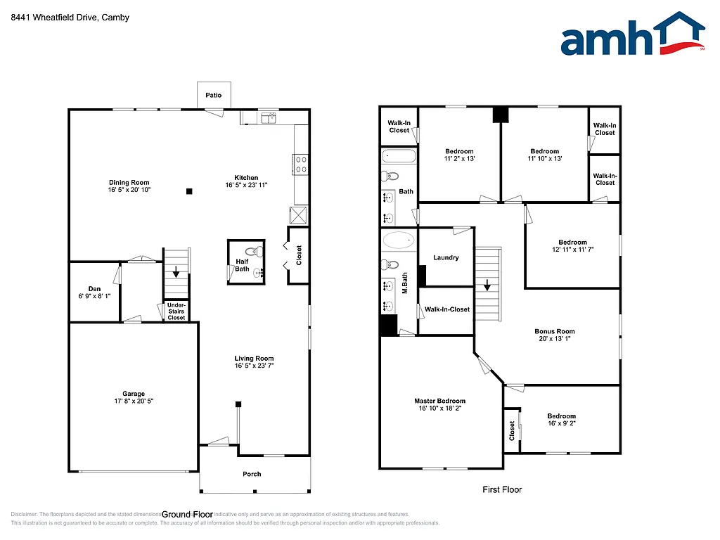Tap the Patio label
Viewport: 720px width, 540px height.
[213, 95]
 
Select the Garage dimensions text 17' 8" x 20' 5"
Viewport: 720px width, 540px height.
[134, 401]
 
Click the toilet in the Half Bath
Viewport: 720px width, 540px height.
[255, 251]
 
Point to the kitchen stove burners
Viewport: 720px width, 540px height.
[301, 164]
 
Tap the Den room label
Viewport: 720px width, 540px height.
[94, 288]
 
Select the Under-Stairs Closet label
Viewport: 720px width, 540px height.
[176, 311]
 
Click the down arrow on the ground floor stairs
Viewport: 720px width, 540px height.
[176, 274]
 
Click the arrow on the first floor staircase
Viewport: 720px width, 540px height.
[487, 285]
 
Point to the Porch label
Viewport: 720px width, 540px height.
[252, 474]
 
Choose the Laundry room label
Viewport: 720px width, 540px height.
[446, 257]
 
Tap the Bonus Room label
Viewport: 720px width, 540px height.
[555, 331]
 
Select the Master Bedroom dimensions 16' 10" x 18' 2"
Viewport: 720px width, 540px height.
[439, 409]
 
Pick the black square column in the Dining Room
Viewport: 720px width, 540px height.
[188, 191]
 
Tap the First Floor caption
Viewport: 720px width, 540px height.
[502, 489]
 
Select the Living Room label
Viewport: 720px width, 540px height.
[254, 359]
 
